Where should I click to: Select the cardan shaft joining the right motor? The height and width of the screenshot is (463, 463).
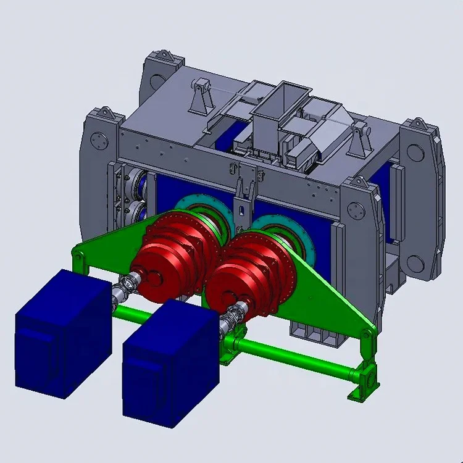[x=231, y=319]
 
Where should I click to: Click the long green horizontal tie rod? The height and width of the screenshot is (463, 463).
[x=290, y=358]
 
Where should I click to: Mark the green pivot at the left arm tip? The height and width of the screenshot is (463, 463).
[x=78, y=254]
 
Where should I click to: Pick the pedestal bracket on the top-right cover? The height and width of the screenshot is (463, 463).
[x=359, y=140]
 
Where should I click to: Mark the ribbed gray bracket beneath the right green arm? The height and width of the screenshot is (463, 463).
[x=315, y=333]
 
